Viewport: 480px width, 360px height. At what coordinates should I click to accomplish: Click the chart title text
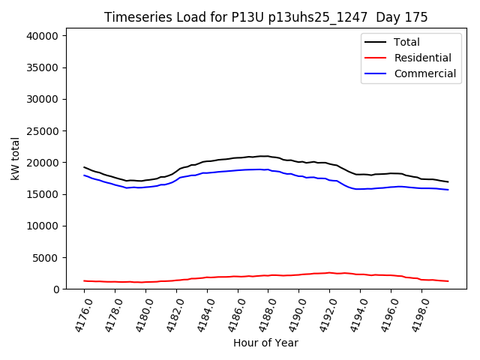click(x=266, y=17)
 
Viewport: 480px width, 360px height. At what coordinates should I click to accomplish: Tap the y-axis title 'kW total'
click(x=16, y=158)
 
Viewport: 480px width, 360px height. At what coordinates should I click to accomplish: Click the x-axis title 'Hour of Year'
click(x=265, y=343)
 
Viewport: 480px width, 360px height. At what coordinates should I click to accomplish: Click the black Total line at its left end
click(x=84, y=167)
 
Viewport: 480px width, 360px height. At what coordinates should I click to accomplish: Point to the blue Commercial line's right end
click(x=448, y=190)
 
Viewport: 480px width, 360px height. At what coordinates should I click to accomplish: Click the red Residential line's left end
click(x=84, y=280)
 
